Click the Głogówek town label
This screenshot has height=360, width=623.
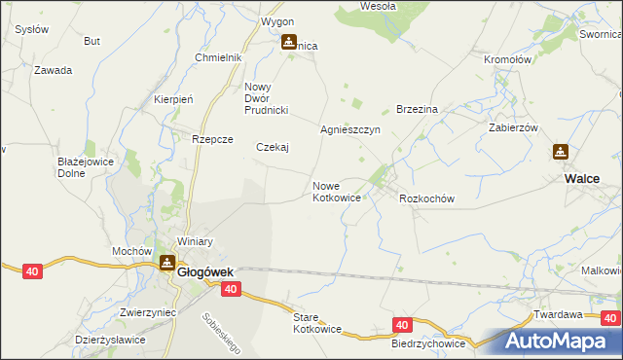(x=202, y=272)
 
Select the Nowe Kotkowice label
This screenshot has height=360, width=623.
(x=337, y=192)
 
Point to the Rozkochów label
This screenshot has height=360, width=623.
(x=427, y=198)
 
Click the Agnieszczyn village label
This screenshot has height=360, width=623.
(x=349, y=128)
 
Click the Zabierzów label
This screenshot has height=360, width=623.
(x=513, y=127)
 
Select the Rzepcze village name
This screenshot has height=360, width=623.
(x=212, y=139)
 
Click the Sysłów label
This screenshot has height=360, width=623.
(x=32, y=29)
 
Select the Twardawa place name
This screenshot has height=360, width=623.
(x=558, y=314)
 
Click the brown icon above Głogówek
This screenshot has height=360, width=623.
(x=168, y=262)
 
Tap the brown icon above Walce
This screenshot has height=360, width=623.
(x=561, y=153)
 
